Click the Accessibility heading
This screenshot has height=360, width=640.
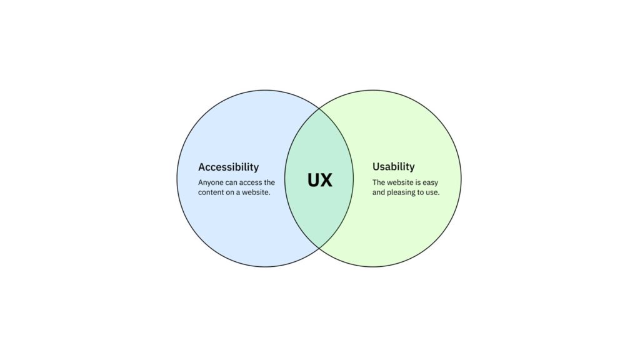[x=228, y=167]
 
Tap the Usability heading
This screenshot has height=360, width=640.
[x=394, y=167]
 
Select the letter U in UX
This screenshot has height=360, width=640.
[x=314, y=181]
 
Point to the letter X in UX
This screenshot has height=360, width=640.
[x=327, y=181]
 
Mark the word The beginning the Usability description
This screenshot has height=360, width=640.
[x=378, y=182]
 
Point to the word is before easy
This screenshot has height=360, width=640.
[x=419, y=182]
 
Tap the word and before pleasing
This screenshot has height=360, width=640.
[x=378, y=192]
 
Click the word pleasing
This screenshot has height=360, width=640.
[x=401, y=192]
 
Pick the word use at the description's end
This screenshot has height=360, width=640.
[x=432, y=192]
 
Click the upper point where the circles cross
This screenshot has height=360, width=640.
[x=319, y=109]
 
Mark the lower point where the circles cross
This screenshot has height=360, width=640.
[x=319, y=247]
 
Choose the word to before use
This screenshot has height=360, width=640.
[x=421, y=192]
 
